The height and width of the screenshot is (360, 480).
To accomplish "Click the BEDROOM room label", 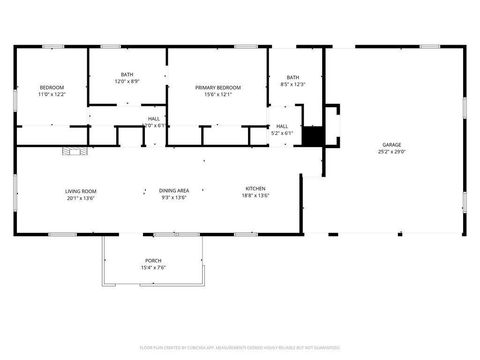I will pos(52,87).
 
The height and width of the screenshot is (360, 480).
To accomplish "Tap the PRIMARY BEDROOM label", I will pos(218,88).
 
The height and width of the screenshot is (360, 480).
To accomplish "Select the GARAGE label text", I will pos(391,145).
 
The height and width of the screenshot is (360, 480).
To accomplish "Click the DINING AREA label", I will pos(175,190).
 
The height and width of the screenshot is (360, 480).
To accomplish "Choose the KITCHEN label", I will pos(257,189).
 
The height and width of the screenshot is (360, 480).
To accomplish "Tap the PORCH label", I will pos(153,259).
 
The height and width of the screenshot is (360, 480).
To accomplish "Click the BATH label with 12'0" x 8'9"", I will pos(127,74).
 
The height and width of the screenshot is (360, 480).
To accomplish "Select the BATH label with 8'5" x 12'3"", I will pos(293,78).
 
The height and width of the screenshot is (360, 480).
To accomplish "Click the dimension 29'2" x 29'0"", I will pos(391,152).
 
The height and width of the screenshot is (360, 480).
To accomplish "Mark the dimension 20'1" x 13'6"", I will pos(80,197).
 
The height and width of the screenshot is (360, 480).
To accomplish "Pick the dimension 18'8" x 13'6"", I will pos(257,196).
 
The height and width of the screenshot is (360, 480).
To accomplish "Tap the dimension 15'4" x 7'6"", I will pos(153,267).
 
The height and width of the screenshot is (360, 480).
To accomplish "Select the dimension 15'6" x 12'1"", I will pos(218,95).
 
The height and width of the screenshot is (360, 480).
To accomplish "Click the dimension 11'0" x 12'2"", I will pos(52,94).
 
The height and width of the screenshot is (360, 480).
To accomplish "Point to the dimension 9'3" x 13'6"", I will pos(175,197).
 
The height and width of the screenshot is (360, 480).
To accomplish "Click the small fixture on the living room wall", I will pos(71,152).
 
